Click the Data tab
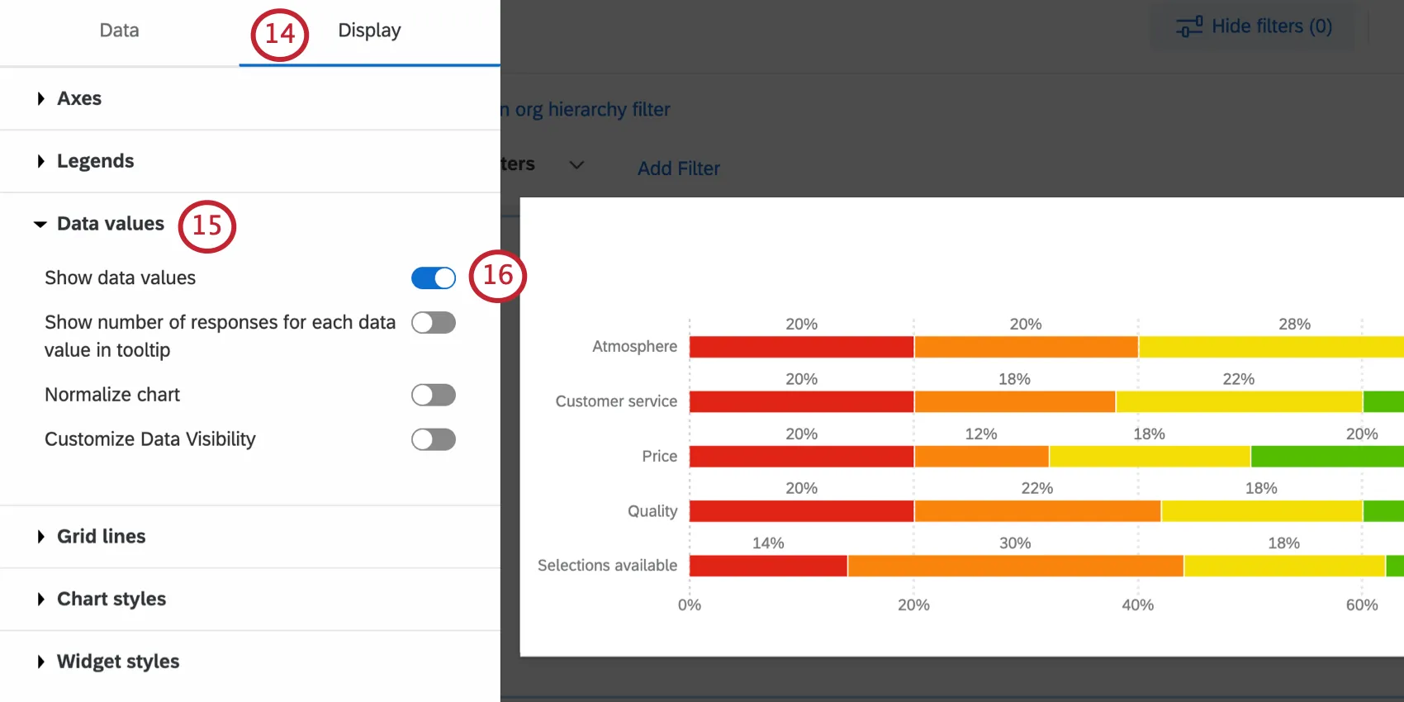[119, 31]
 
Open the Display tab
[368, 31]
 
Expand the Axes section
[78, 98]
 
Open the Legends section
[94, 161]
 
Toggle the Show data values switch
[433, 278]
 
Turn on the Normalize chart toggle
[433, 395]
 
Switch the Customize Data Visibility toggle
[433, 439]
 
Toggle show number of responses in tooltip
[433, 323]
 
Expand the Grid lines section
[100, 537]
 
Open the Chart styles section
[111, 599]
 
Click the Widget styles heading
[117, 662]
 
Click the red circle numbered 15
[207, 225]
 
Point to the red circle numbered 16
[497, 276]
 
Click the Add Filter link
[678, 168]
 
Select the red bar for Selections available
[768, 566]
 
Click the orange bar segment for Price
[981, 456]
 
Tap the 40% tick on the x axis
[1137, 605]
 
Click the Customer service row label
[616, 401]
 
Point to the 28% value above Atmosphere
[1294, 324]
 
